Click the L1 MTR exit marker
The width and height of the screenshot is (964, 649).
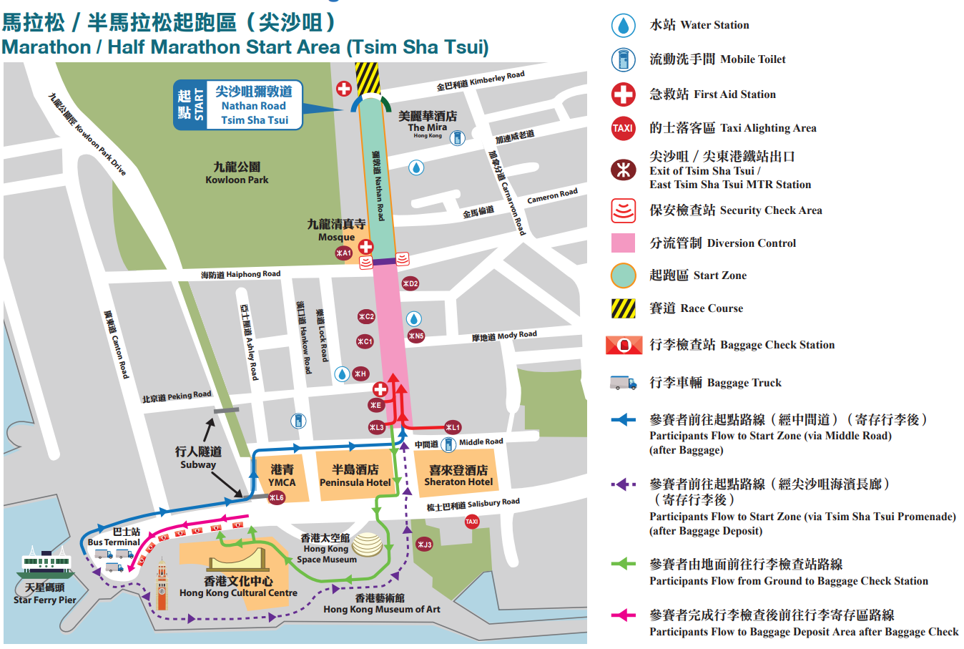click(453, 427)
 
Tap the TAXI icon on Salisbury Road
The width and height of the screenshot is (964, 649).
click(472, 522)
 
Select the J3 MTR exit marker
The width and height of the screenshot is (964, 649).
click(424, 545)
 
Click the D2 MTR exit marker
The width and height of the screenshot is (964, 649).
click(410, 284)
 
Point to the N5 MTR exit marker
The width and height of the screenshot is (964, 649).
click(415, 336)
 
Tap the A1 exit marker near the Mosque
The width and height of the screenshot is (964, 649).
click(344, 253)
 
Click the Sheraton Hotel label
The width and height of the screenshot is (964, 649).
click(458, 476)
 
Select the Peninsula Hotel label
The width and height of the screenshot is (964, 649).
click(355, 476)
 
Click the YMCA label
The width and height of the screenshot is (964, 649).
click(282, 476)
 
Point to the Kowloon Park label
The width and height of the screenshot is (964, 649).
click(237, 172)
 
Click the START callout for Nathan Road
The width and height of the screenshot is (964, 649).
click(238, 105)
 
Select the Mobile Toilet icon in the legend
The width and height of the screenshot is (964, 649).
click(623, 59)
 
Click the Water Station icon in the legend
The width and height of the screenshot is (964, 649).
click(623, 26)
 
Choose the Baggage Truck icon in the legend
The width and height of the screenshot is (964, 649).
click(623, 383)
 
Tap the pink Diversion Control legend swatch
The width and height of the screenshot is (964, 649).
click(623, 243)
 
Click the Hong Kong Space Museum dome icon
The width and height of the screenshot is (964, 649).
click(367, 545)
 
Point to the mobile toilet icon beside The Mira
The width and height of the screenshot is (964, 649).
click(458, 137)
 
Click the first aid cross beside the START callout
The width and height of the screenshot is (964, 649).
click(344, 89)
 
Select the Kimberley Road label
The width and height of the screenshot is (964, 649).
click(481, 82)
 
